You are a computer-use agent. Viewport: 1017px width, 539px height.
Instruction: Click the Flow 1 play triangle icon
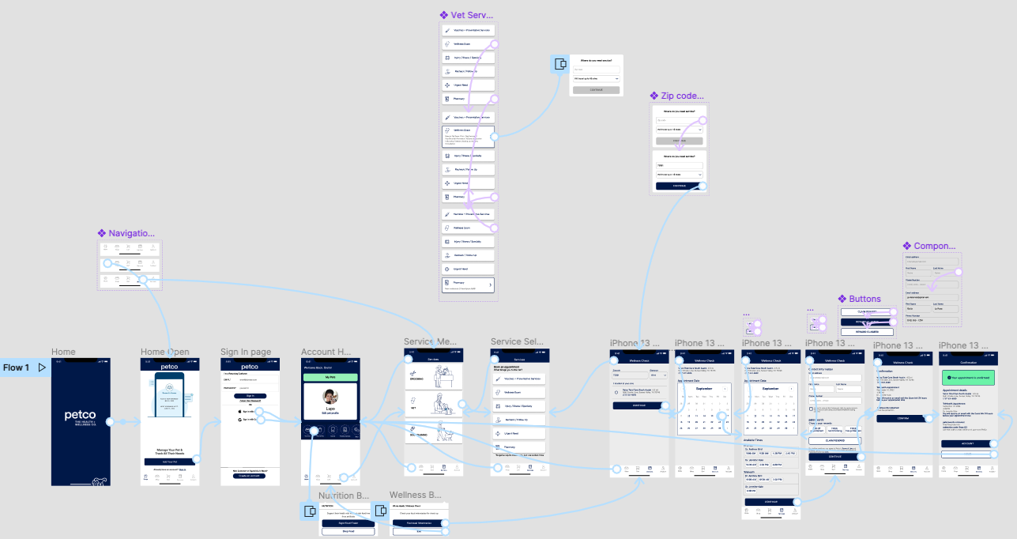[42, 367]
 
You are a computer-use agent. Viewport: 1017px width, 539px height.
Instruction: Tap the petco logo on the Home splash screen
[81, 416]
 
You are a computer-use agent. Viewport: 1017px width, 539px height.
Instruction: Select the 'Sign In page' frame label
[246, 352]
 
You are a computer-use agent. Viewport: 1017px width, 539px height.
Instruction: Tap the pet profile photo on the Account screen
[330, 396]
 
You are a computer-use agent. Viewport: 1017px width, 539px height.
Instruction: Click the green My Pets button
[330, 378]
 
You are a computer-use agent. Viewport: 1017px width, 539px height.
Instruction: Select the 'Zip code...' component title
[676, 96]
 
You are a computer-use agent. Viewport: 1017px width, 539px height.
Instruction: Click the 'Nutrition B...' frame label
[344, 496]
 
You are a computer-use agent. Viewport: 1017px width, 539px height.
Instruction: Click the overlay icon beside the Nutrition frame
[309, 511]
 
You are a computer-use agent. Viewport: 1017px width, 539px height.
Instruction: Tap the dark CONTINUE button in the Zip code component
[680, 187]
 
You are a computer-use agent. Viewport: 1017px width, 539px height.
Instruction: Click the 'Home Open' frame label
[165, 352]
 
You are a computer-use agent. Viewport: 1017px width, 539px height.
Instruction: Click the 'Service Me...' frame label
[430, 342]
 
